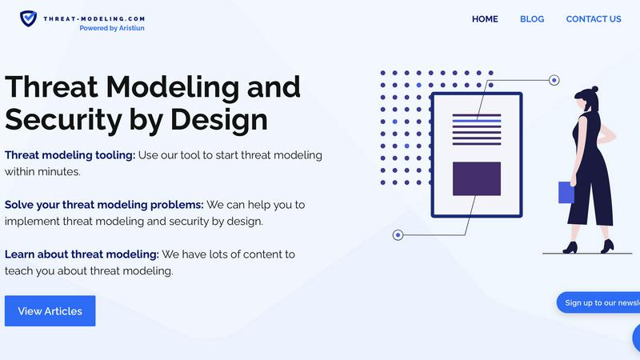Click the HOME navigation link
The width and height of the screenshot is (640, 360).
(x=485, y=19)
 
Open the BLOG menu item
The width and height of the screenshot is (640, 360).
(x=532, y=19)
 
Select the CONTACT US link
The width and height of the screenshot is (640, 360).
(x=594, y=19)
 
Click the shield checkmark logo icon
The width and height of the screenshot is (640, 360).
(x=28, y=18)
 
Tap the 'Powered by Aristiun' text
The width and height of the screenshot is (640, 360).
(x=112, y=28)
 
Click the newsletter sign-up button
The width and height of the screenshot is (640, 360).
(x=600, y=302)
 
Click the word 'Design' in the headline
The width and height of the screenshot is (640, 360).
(x=218, y=120)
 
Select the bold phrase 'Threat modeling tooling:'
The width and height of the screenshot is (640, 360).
(x=70, y=154)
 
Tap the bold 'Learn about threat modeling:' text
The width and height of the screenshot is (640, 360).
(x=82, y=254)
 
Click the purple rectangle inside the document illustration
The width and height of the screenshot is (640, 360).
(x=477, y=178)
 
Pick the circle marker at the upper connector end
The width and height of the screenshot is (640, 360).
(x=554, y=80)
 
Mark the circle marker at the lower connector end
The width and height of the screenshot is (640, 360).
(x=398, y=234)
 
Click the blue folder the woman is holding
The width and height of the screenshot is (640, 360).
(x=566, y=193)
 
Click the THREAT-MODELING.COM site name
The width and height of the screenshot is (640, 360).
(x=94, y=17)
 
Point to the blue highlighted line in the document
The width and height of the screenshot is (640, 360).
(x=477, y=120)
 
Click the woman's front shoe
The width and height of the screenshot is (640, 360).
(x=570, y=248)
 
